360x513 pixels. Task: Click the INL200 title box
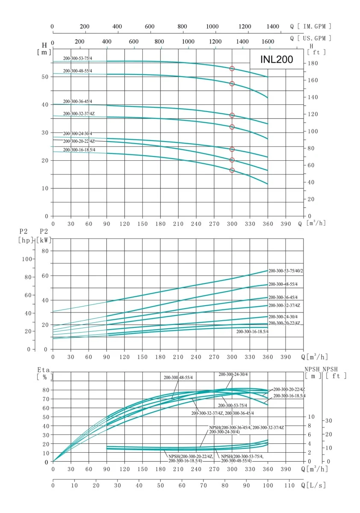277,59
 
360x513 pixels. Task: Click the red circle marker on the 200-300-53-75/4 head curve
232,68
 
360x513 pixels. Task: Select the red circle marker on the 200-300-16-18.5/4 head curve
232,170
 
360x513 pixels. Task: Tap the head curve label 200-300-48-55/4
77,71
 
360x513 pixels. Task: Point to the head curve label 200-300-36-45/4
77,101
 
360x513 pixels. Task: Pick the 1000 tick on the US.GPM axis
188,42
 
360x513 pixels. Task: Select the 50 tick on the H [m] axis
44,77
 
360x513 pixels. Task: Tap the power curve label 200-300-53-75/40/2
292,271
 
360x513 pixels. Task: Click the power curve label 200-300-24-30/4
283,317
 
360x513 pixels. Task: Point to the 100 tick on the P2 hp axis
27,259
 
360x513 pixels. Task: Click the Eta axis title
44,369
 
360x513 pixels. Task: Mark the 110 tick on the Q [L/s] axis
290,486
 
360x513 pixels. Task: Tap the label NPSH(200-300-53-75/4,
242,457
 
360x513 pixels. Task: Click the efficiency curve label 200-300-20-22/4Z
289,389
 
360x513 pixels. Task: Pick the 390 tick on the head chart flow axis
286,224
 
